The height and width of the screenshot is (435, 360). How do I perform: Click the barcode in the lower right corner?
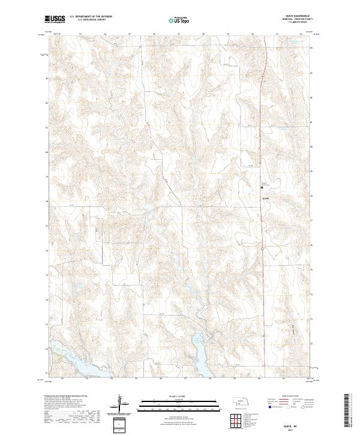349,411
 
